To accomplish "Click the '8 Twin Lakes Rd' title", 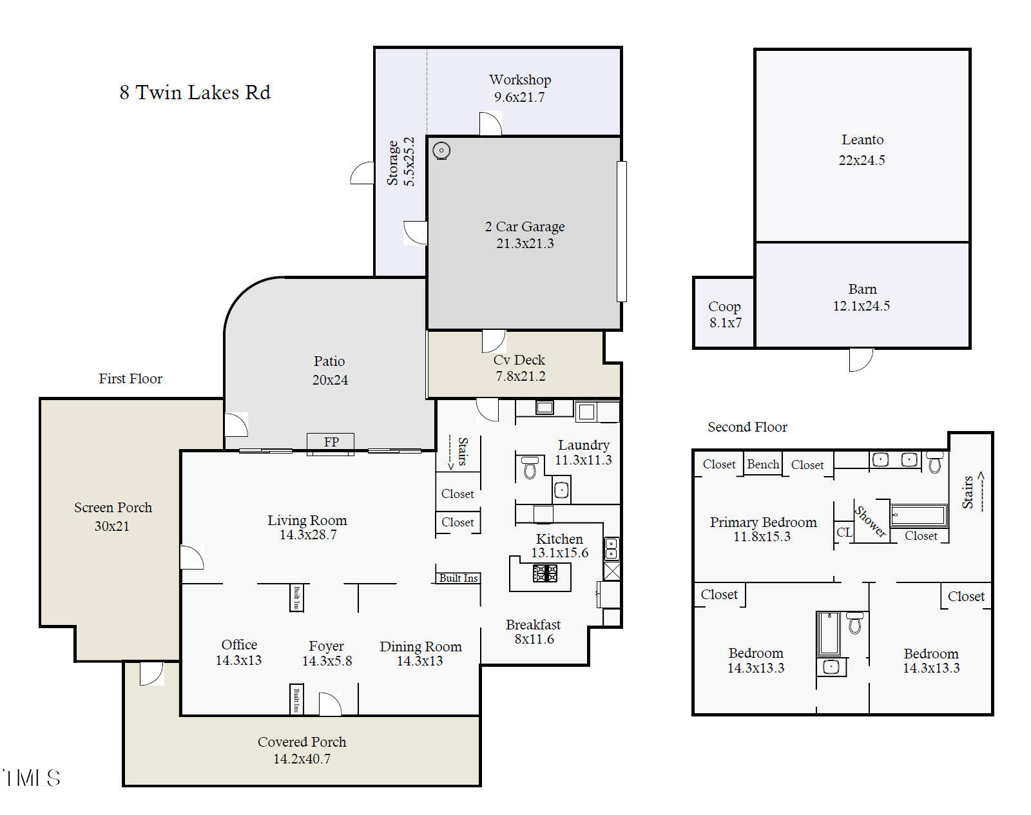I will [x=195, y=93].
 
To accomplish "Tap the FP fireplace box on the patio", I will [x=331, y=442].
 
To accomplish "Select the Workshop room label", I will [x=520, y=80].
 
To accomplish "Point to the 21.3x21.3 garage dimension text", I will [x=525, y=244].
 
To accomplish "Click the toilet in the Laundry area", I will [x=530, y=468].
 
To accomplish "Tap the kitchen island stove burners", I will [x=545, y=573].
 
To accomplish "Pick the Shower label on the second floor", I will [x=871, y=521].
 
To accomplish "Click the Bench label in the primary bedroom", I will [x=763, y=465].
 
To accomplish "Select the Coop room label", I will [x=724, y=307].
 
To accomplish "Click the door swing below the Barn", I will [x=860, y=360].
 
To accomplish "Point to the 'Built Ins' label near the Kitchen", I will [x=458, y=579].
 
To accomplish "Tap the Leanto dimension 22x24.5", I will [x=862, y=160].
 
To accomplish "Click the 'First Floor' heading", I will [x=130, y=379].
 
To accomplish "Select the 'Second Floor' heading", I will [x=747, y=427].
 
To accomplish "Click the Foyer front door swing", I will [x=330, y=705].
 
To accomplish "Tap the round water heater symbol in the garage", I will [x=441, y=151].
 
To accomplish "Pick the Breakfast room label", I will [x=533, y=625].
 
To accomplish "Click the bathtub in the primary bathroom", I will [x=918, y=515].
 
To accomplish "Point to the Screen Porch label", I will [x=113, y=508].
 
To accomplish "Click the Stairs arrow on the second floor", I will [x=981, y=493].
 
